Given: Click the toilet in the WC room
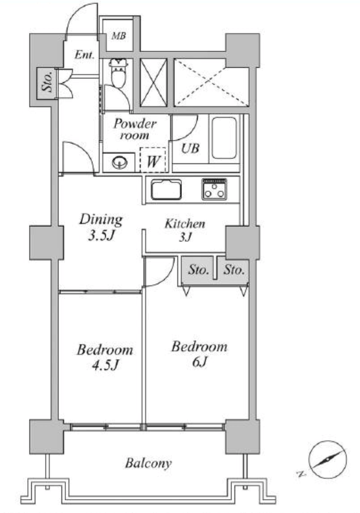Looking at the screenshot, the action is [x=118, y=73].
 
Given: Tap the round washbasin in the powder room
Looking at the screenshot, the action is [x=120, y=161].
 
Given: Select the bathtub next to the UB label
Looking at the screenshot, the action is [x=224, y=138].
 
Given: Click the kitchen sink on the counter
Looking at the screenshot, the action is [x=166, y=189].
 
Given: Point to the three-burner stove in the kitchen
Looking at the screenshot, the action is [x=214, y=189].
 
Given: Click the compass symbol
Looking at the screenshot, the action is [x=327, y=460].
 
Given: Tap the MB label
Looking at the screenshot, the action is [x=119, y=35].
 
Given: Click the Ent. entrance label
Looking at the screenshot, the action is [x=84, y=54].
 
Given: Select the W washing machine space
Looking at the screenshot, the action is [x=153, y=160].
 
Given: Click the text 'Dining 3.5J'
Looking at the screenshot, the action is [x=101, y=227].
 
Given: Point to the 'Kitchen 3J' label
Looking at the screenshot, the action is [x=185, y=230].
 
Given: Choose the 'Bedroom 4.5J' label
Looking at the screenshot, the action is [x=105, y=357].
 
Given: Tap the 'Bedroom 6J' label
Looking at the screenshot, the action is [x=199, y=354].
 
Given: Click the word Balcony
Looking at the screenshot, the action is [x=148, y=463].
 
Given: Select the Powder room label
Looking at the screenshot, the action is [x=134, y=129].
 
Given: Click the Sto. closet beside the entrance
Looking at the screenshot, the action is [x=47, y=84].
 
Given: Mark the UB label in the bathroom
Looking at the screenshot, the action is [x=190, y=148].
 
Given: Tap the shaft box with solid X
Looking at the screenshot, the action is [x=153, y=83].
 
